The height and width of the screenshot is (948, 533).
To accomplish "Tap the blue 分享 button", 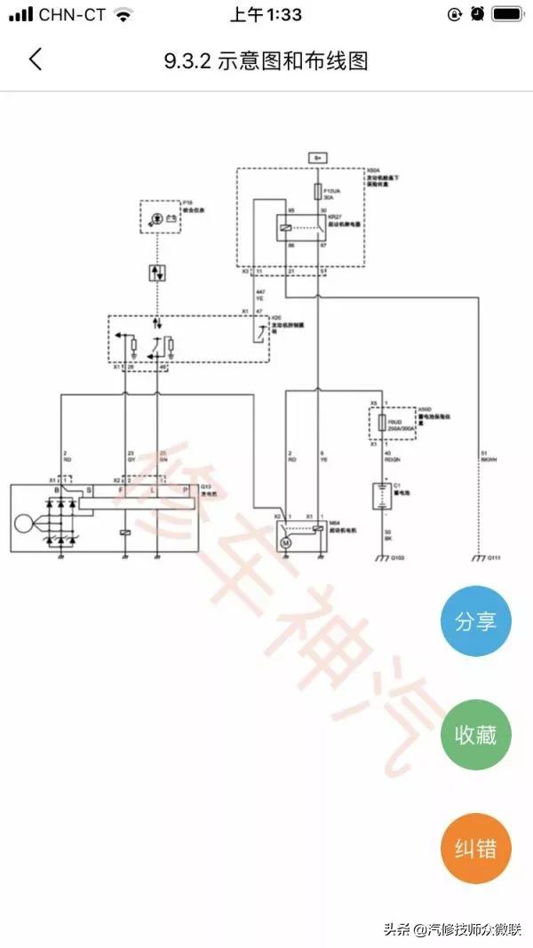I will pos(476,620).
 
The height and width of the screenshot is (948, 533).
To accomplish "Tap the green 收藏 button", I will pos(476,734).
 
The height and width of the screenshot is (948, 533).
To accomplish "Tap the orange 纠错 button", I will pos(476,848).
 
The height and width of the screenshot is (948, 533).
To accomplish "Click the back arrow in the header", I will pos(36,59).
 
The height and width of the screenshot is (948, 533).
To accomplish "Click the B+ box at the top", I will pos(318,156).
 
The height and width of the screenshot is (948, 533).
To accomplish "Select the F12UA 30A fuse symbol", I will pos(318,190).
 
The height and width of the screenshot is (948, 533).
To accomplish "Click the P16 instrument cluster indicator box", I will pos(160,217).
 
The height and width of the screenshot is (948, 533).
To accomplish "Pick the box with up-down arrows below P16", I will pos(158,272).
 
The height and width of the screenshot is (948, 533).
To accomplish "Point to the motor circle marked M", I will pos(285,541).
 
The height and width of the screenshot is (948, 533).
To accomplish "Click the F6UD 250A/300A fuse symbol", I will pos(383,424).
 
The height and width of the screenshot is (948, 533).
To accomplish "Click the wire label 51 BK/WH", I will pos(486,455).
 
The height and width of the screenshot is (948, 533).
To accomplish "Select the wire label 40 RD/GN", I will pos(391,458).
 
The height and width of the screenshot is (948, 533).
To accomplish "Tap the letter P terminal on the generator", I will pos(186,489).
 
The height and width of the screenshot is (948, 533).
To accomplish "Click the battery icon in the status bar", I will pos(506,15).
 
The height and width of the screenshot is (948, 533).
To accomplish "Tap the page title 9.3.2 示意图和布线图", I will pos(266,60).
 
